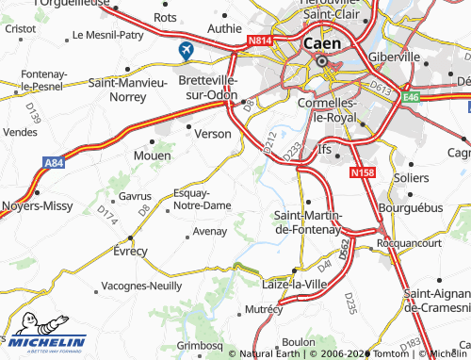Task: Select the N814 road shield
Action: [261, 41]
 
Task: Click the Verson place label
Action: [212, 134]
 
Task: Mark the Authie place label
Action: [224, 28]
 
